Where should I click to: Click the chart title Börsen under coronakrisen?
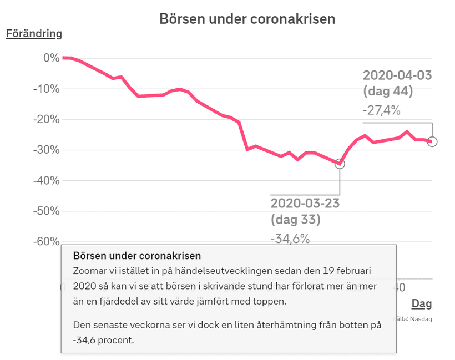(247, 19)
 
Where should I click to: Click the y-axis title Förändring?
(34, 33)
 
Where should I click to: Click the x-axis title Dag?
(421, 303)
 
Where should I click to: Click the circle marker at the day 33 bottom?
(340, 164)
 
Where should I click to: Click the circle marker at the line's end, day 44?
(432, 141)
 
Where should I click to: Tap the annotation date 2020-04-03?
(397, 75)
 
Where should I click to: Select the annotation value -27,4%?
(382, 110)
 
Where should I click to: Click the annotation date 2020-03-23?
(305, 203)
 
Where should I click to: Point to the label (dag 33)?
(295, 220)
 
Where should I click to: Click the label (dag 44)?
(388, 92)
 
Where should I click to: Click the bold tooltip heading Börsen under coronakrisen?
(136, 256)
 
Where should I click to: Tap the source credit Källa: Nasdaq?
(412, 319)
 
